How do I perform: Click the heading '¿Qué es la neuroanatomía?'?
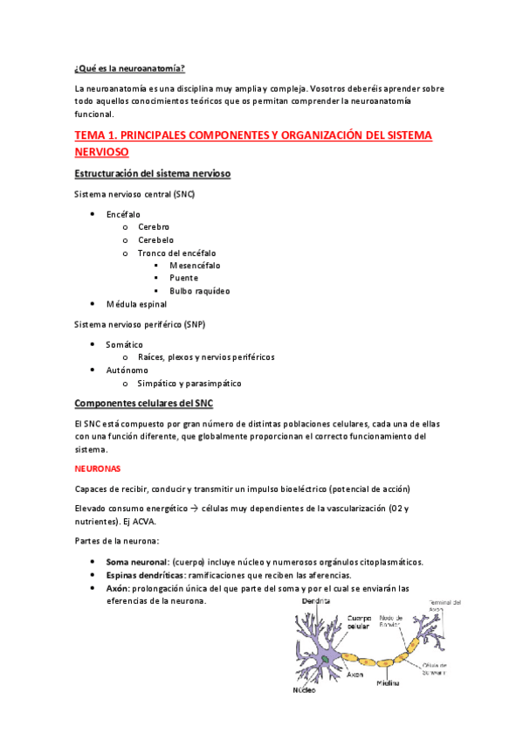[x=129, y=67]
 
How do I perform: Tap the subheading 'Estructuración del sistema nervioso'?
[x=152, y=174]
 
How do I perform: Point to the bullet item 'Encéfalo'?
[x=123, y=214]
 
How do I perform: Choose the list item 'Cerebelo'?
[x=155, y=239]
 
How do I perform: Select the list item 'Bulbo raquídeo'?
[x=200, y=290]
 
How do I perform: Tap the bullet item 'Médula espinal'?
[x=136, y=304]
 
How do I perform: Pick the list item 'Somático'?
[x=124, y=344]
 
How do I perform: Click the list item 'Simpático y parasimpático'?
[x=189, y=383]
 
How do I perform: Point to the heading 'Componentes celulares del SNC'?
[x=143, y=403]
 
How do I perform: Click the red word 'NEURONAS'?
[x=98, y=468]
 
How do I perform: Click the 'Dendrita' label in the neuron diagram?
[x=317, y=602]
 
